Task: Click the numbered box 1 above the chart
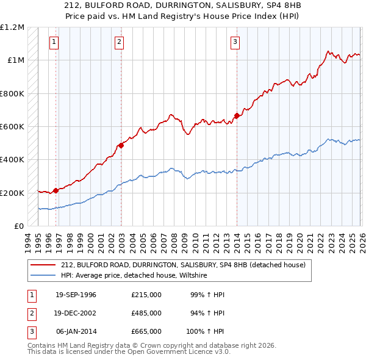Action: tap(54, 42)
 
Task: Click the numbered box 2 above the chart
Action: tap(118, 42)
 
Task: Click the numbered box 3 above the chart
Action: tap(235, 42)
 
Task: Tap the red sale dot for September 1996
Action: tap(56, 190)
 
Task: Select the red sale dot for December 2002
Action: tap(121, 145)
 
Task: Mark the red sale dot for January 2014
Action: tap(236, 115)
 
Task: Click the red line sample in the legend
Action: tap(44, 265)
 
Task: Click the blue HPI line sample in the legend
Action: tap(44, 275)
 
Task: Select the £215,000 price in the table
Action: tap(146, 295)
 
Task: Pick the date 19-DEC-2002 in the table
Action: tap(76, 313)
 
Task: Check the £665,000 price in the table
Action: tap(146, 331)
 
